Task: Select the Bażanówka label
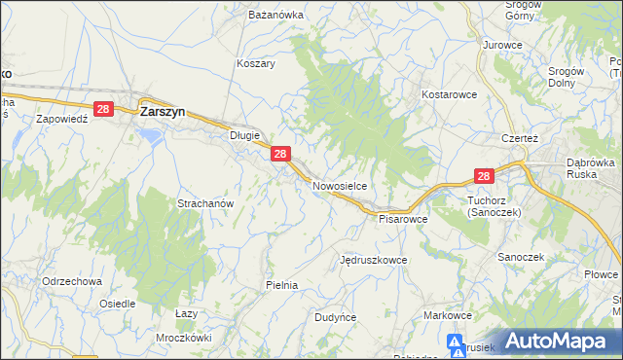pyautogui.click(x=276, y=17)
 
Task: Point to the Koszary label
pyautogui.click(x=256, y=63)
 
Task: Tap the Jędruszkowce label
pyautogui.click(x=374, y=261)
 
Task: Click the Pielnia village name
pyautogui.click(x=281, y=285)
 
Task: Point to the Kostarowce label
pyautogui.click(x=448, y=95)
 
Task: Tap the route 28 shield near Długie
pyautogui.click(x=280, y=154)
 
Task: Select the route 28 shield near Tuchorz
pyautogui.click(x=485, y=175)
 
